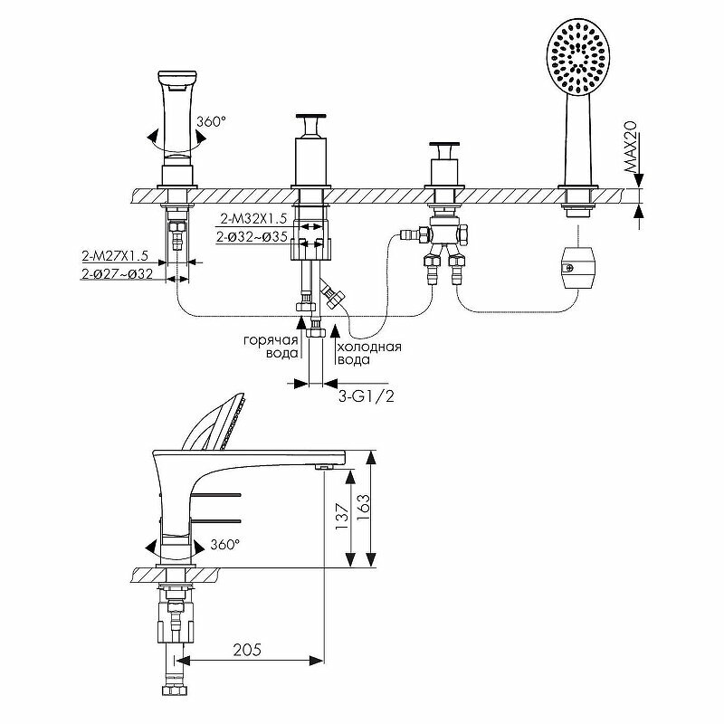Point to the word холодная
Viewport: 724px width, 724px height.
tap(368, 347)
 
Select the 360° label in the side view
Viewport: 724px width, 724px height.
tap(224, 545)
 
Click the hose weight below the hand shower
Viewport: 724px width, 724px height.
tap(575, 266)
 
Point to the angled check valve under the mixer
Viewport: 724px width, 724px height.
tap(332, 295)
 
